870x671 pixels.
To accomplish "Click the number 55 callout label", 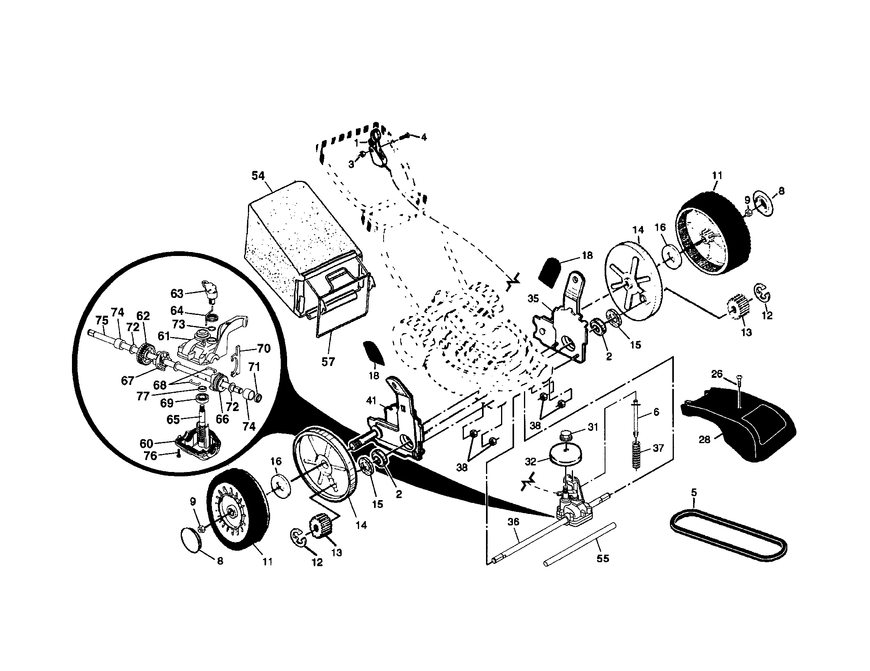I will click(603, 559).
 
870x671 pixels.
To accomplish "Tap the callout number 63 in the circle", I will click(177, 294).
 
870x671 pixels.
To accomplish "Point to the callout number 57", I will click(328, 362).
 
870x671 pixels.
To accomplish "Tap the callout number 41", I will click(371, 400).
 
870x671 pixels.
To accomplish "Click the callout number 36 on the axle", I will click(514, 521).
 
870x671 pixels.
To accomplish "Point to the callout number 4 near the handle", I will click(424, 137).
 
